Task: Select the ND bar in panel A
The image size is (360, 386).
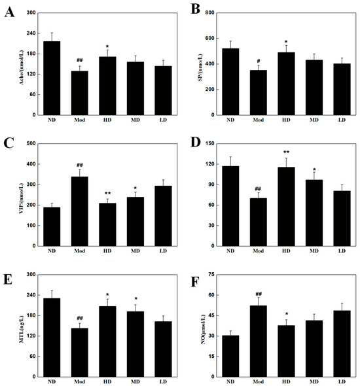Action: pos(52,78)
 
